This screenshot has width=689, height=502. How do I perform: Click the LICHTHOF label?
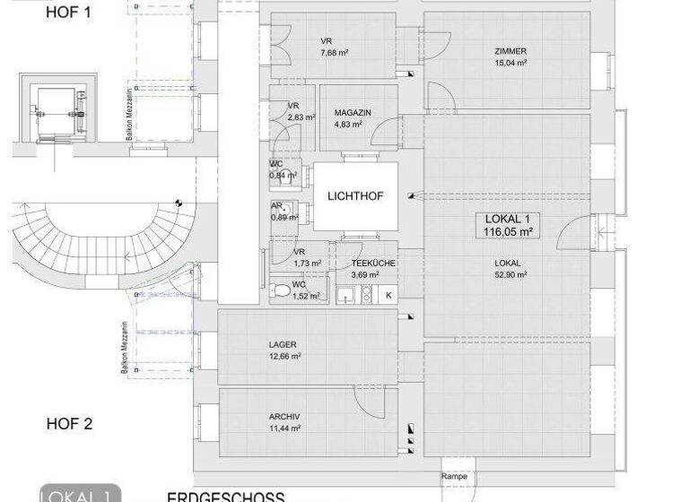[x=356, y=195]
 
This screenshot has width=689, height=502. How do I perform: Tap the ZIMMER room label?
[x=510, y=52]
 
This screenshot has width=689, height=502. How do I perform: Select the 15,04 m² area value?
[x=510, y=64]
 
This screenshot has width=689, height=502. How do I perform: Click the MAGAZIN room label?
[x=353, y=113]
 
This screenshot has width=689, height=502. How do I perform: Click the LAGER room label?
[x=283, y=345]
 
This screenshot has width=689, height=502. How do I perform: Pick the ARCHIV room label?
[x=284, y=417]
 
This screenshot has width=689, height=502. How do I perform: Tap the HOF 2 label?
[x=69, y=424]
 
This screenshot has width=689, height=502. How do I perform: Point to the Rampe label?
[x=453, y=477]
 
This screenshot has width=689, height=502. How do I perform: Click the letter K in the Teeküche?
[x=389, y=294]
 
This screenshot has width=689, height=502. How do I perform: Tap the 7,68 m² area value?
[x=335, y=53]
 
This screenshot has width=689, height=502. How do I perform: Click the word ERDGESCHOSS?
[x=226, y=497]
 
